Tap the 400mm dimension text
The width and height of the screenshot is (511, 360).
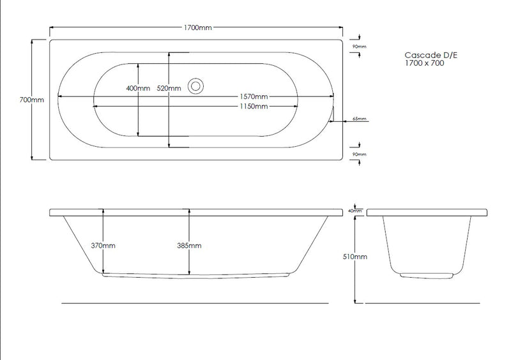pos(138,88)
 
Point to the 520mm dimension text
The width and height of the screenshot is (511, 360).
pos(168,88)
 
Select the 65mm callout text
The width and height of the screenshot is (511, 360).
pos(360,119)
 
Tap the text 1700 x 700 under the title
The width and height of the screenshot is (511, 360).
pos(425,64)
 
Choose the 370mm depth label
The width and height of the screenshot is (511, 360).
pos(103,245)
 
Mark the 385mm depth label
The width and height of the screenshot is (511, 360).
pos(189,245)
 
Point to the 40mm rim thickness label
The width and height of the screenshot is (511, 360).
pos(356,210)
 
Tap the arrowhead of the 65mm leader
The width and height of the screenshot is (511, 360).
pos(333,119)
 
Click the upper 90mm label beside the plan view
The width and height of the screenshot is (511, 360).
pos(360,47)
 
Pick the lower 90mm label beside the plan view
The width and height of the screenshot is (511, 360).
pos(360,154)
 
